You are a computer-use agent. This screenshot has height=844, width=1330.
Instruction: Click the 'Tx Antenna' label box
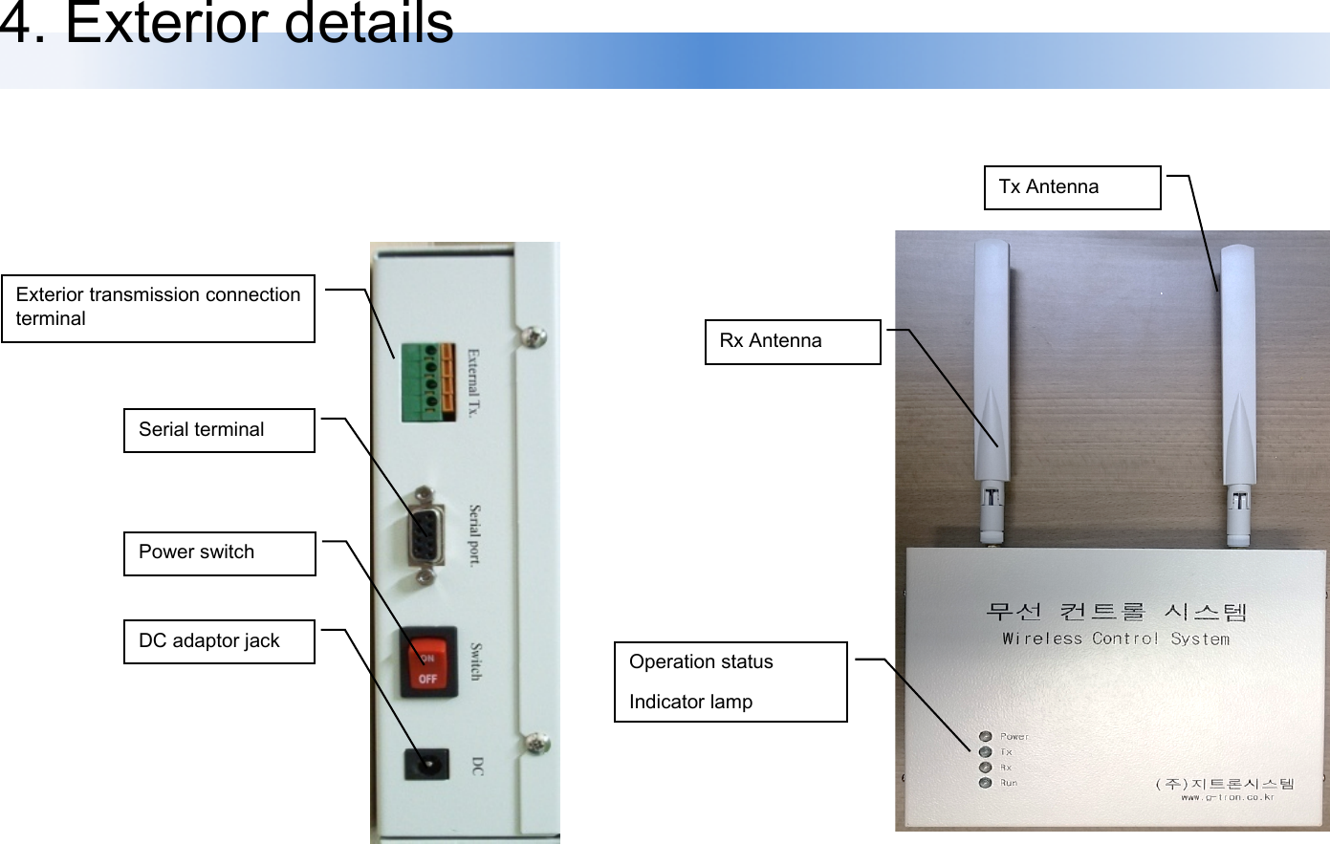[x=1072, y=187]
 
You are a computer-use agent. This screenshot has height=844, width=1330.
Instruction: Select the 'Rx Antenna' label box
[x=792, y=341]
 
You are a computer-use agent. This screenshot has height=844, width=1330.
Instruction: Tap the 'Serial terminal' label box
[x=219, y=430]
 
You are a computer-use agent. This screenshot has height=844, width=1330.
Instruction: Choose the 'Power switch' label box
[x=219, y=553]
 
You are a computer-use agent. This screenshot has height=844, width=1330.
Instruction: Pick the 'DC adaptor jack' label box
[x=219, y=641]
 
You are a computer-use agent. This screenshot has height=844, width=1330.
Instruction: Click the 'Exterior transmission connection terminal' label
[x=158, y=308]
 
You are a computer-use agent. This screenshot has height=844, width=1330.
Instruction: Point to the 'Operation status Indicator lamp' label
[x=730, y=682]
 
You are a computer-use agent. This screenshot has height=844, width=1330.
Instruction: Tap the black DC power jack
[x=426, y=764]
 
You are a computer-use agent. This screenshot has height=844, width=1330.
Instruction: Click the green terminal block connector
[x=426, y=381]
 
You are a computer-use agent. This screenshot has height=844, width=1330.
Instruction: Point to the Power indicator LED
[x=985, y=736]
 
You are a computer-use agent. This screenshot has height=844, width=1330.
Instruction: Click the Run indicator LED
[x=985, y=783]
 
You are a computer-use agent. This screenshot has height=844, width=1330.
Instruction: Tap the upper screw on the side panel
[x=535, y=336]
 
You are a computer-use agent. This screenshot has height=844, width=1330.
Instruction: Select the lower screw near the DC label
[x=538, y=742]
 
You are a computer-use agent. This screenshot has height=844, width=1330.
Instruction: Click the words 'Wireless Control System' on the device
[x=1116, y=638]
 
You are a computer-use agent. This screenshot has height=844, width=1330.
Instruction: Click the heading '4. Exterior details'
[x=227, y=23]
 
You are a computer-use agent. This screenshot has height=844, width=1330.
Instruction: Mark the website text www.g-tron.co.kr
[x=1227, y=796]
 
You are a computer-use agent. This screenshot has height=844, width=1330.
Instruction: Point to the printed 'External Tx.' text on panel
[x=473, y=383]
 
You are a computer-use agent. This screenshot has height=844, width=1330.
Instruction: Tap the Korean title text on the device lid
[x=1116, y=611]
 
